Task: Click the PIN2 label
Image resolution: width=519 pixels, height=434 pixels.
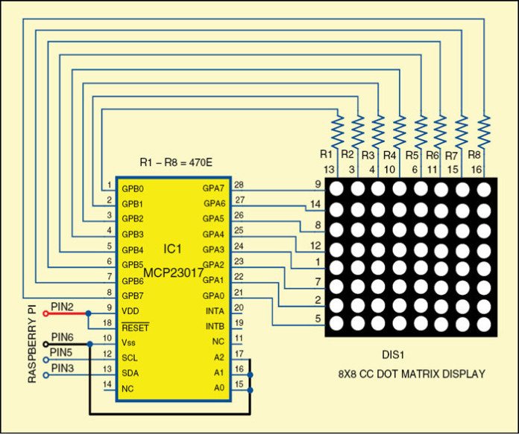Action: [x=62, y=306]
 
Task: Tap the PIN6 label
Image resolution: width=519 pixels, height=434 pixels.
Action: [x=62, y=337]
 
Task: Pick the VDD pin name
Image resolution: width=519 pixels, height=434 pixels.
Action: [x=130, y=311]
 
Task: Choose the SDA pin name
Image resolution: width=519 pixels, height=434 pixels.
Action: [x=130, y=372]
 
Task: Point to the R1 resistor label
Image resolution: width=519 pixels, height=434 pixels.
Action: [x=325, y=154]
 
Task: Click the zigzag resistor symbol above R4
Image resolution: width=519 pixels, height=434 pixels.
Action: [x=399, y=131]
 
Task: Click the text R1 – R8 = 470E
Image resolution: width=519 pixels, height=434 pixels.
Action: [x=175, y=162]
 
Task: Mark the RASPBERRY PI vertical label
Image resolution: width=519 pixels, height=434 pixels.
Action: [x=33, y=343]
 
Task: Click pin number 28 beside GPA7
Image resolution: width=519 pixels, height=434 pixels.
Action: [x=239, y=185]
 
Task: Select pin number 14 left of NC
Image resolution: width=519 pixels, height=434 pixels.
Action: [x=108, y=384]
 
